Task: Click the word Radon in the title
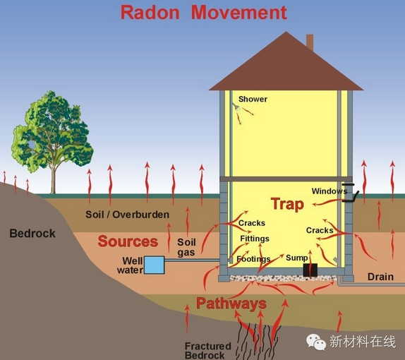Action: tap(150, 13)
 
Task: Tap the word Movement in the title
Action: tap(239, 13)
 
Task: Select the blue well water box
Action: tap(155, 265)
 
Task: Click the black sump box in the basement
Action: tap(310, 270)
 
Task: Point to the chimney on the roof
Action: tap(310, 42)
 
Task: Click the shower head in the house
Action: tap(235, 106)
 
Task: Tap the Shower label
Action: tap(253, 99)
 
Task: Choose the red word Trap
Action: tap(287, 204)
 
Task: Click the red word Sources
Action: tap(128, 241)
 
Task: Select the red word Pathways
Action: tap(231, 304)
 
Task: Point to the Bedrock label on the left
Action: tap(32, 234)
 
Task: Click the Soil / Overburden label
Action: tap(127, 215)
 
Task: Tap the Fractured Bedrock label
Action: tap(208, 350)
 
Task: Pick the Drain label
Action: tap(380, 277)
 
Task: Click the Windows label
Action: tap(330, 191)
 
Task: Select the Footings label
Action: tap(253, 259)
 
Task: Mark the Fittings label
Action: tap(255, 239)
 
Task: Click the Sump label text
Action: tap(297, 258)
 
